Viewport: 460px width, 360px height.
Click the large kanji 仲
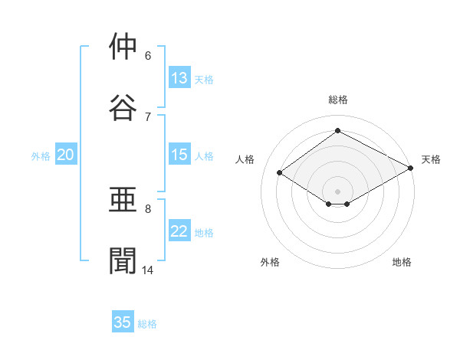123,46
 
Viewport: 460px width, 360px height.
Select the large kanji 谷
123,107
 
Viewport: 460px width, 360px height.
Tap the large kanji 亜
123,199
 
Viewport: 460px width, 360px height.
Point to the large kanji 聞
123,260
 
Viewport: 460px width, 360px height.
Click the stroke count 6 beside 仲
148,56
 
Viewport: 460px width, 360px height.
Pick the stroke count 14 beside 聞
147,270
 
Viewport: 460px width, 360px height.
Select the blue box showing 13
179,77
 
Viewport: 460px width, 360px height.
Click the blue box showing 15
179,154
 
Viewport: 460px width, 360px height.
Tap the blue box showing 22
179,230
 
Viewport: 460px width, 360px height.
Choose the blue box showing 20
66,154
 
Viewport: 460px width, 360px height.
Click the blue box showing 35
123,321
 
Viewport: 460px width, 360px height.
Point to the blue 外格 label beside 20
41,156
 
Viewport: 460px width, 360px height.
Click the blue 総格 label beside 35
147,324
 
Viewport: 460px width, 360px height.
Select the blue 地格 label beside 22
204,233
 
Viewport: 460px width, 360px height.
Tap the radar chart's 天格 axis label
431,159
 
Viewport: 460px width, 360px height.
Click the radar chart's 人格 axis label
245,159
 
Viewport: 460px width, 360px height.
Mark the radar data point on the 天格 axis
411,168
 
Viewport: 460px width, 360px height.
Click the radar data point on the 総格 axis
337,130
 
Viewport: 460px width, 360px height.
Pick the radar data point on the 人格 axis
280,172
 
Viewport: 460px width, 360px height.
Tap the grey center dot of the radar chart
337,191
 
